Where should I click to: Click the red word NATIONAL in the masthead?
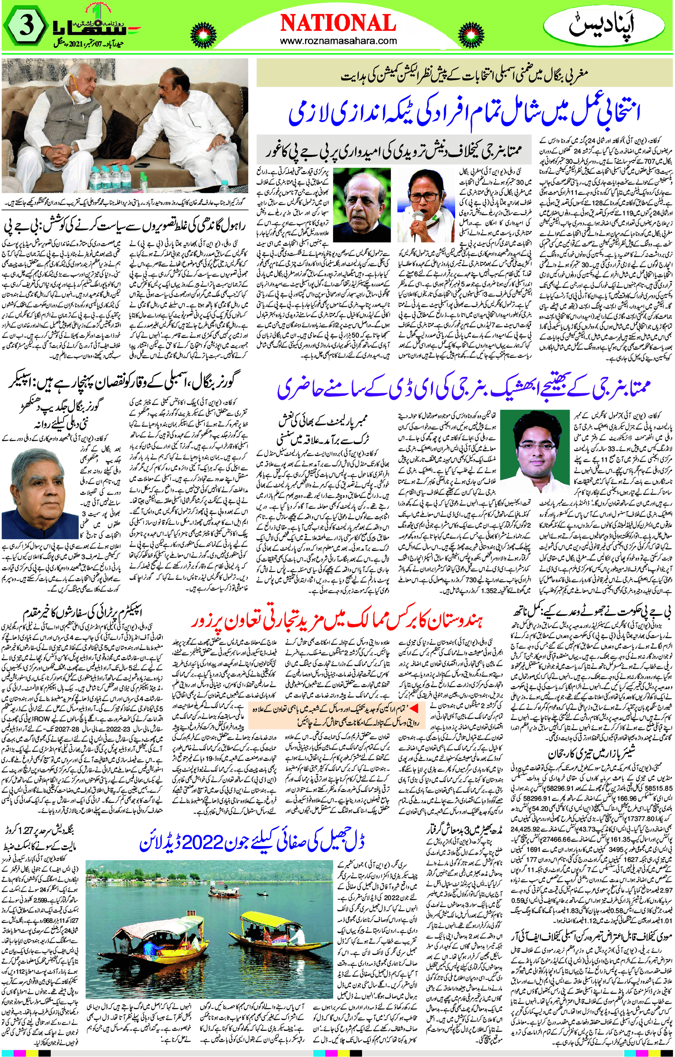(337, 23)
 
